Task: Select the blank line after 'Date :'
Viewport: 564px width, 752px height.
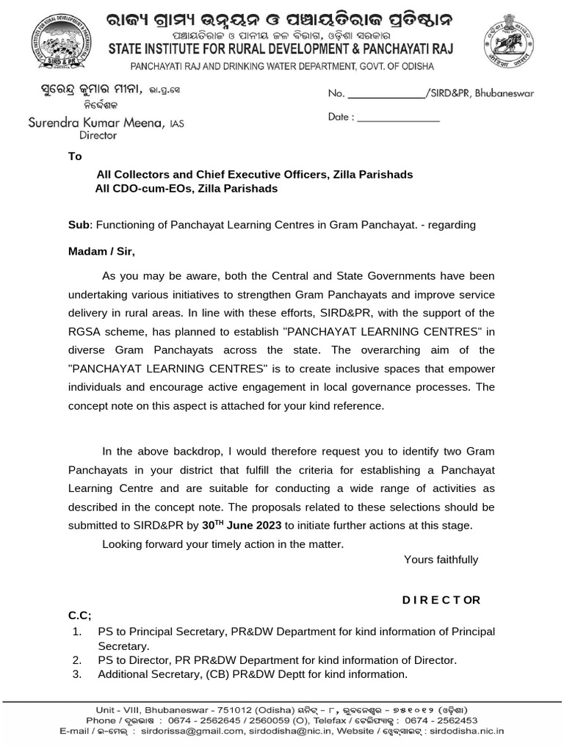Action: (398, 117)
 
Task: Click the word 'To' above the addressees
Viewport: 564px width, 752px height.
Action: (75, 156)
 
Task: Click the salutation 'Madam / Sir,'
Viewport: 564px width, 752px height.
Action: (102, 251)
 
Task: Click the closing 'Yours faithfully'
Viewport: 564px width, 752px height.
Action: (441, 560)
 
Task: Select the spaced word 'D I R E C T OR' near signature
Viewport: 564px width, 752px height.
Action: (441, 600)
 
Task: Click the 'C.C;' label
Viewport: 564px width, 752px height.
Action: (80, 615)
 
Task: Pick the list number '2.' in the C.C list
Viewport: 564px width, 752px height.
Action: (76, 660)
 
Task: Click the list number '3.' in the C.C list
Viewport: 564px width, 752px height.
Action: (76, 674)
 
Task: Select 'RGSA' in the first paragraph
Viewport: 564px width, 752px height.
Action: (84, 331)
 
